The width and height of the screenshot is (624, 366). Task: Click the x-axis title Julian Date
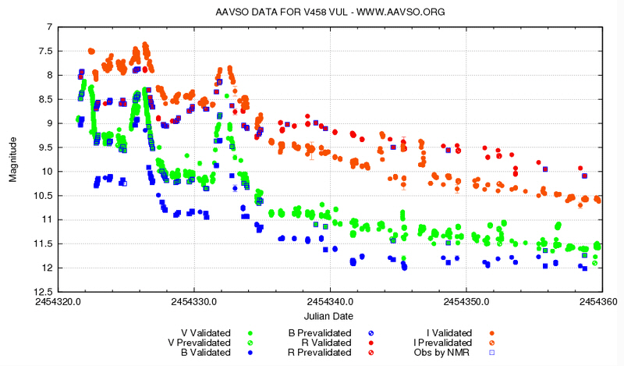(x=331, y=316)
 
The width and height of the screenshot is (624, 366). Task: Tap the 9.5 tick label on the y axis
(x=43, y=147)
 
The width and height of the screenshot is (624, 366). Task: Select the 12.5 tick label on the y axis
(x=41, y=292)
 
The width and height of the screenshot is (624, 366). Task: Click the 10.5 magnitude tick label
(x=41, y=196)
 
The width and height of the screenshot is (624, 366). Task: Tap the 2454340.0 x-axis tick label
(x=331, y=300)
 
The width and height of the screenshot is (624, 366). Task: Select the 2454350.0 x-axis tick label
(x=467, y=300)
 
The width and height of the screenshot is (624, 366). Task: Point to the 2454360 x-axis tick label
(x=600, y=300)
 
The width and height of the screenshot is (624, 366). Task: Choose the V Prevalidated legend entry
(x=200, y=342)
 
